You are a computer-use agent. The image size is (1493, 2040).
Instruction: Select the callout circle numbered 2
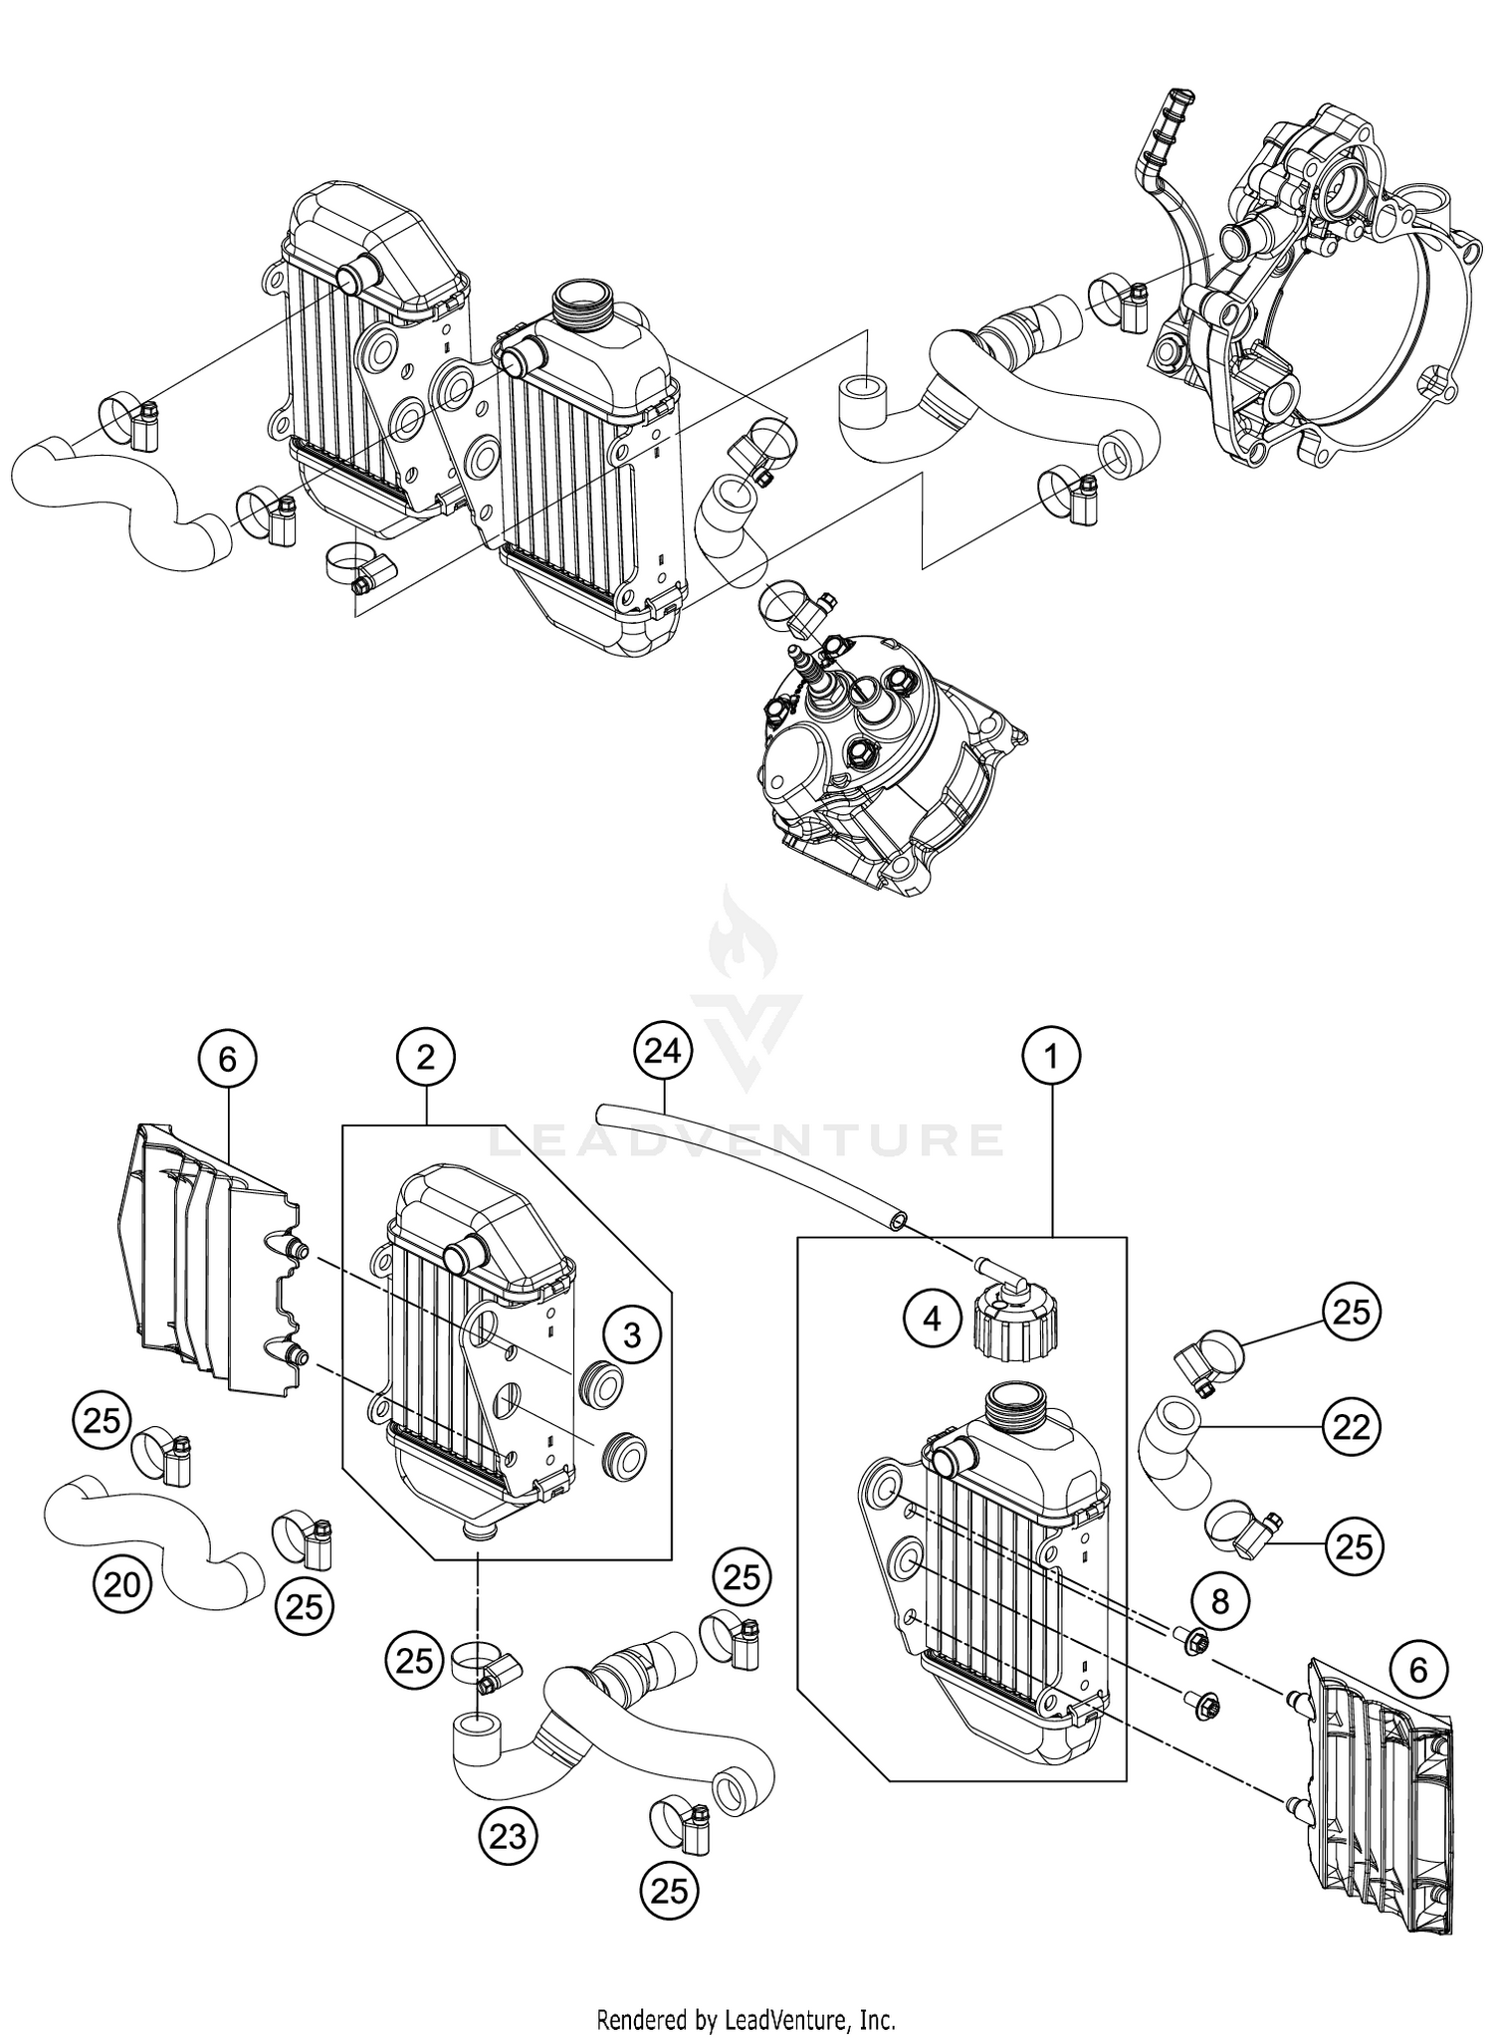[426, 1059]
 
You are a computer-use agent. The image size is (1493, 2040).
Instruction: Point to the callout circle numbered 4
[932, 1320]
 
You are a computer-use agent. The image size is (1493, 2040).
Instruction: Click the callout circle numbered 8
[1220, 1601]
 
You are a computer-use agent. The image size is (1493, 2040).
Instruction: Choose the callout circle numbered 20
[122, 1584]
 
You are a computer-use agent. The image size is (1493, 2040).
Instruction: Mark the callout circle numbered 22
[1352, 1428]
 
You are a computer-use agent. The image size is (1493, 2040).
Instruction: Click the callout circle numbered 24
[663, 1050]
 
